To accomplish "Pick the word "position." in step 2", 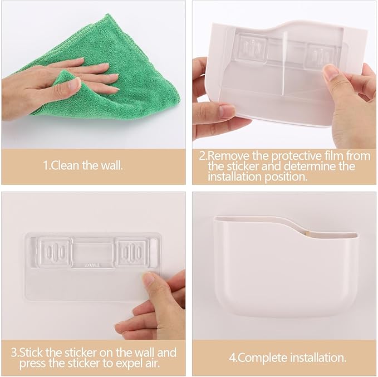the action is tap(286, 177).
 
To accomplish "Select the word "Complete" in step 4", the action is tap(263, 358).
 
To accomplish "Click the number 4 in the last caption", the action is tap(232, 358).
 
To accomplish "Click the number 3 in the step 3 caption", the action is tap(14, 353).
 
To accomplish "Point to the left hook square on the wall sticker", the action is tap(55, 252).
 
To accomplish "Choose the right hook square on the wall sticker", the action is tap(131, 252).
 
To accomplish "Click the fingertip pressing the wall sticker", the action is tap(149, 278).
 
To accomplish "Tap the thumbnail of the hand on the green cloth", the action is tap(73, 84).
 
